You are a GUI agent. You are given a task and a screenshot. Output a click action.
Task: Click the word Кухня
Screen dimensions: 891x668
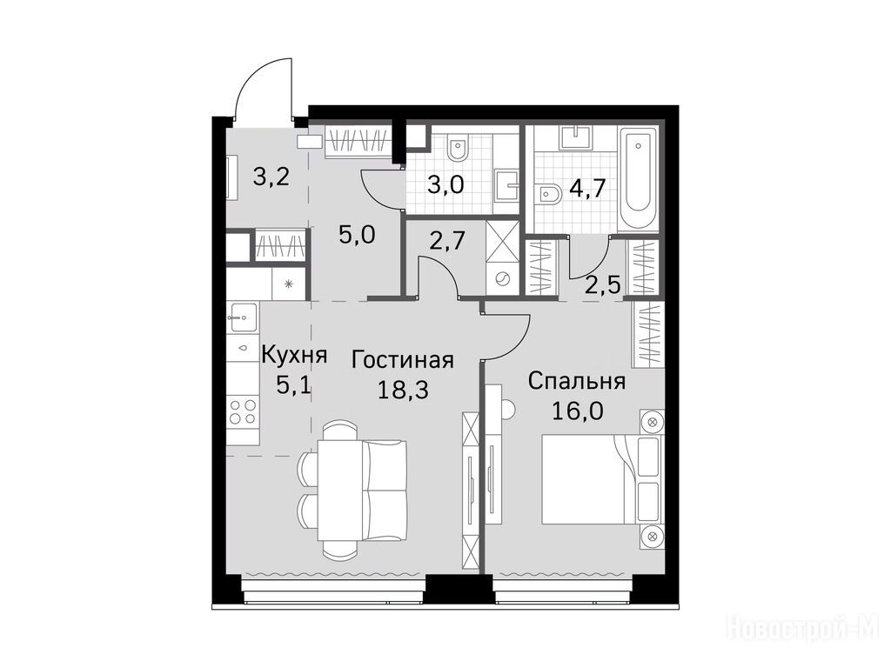[294, 356]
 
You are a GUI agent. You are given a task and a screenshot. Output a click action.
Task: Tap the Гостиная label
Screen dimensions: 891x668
[402, 360]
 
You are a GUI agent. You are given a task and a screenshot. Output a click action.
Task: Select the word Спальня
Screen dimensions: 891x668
[577, 381]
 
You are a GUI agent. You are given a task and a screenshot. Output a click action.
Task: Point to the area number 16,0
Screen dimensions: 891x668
[578, 411]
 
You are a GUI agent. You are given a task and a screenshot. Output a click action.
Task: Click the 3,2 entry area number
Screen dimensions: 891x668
[271, 177]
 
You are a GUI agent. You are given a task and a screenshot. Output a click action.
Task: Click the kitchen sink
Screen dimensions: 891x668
[243, 317]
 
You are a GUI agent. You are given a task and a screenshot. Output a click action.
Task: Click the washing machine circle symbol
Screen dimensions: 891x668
[502, 278]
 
